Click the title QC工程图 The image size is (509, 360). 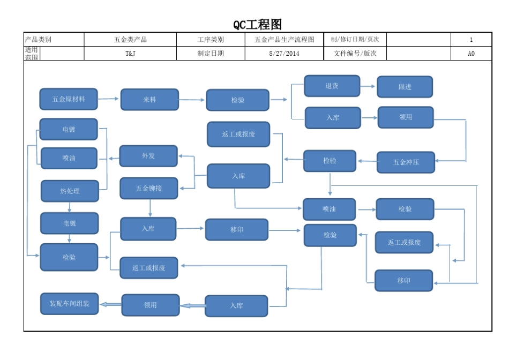(257, 25)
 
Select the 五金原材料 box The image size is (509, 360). (69, 99)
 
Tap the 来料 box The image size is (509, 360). (149, 100)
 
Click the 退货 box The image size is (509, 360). (332, 86)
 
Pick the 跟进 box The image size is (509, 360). (405, 87)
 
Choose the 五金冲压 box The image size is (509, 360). (406, 162)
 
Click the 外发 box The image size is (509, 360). (148, 156)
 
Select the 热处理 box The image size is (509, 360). (70, 191)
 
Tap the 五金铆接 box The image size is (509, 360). (148, 188)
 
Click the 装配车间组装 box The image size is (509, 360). (70, 304)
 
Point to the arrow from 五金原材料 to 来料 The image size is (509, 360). (109, 99)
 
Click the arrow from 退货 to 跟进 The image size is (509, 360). (368, 86)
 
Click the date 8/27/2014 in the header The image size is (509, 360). (285, 54)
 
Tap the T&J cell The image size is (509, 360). (130, 54)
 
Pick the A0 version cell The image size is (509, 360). (471, 54)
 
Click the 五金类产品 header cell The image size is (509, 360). (130, 40)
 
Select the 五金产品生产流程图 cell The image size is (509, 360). (285, 40)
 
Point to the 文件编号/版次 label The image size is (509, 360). (355, 54)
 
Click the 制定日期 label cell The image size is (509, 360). (211, 54)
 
